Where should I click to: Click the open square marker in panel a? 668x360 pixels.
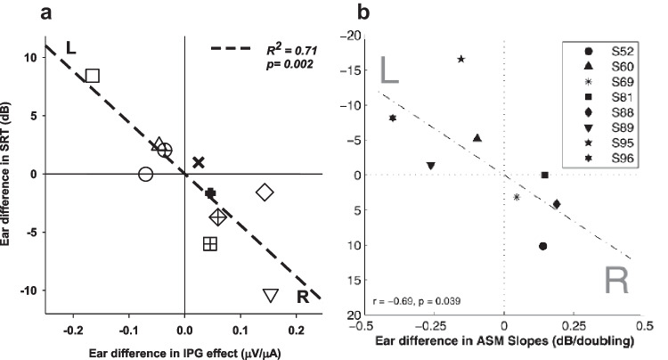point(93,76)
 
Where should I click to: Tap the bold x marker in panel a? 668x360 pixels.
point(199,162)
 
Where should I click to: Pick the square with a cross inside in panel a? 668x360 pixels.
point(210,244)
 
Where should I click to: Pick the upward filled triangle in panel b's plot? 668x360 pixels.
point(477,138)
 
